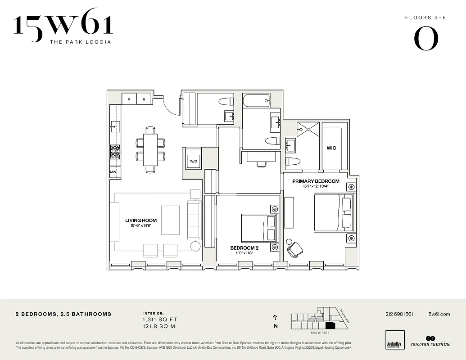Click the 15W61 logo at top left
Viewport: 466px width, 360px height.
coord(63,28)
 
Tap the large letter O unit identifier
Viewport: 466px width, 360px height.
coord(425,39)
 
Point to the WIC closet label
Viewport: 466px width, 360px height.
coord(331,148)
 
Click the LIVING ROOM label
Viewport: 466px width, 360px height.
coord(141,220)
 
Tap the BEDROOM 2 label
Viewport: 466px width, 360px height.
coord(244,248)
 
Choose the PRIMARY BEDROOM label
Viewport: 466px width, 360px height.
coord(316,181)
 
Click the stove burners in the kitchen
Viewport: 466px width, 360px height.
coord(115,151)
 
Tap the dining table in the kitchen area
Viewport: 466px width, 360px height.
coord(151,150)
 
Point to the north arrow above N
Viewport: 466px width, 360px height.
coord(275,317)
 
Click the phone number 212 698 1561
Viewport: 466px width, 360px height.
coord(399,314)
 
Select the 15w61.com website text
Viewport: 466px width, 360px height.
coord(438,314)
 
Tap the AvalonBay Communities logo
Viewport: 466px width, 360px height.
coord(395,339)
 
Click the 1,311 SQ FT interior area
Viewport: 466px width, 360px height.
coord(158,319)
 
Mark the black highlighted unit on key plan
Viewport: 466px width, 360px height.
coord(330,325)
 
